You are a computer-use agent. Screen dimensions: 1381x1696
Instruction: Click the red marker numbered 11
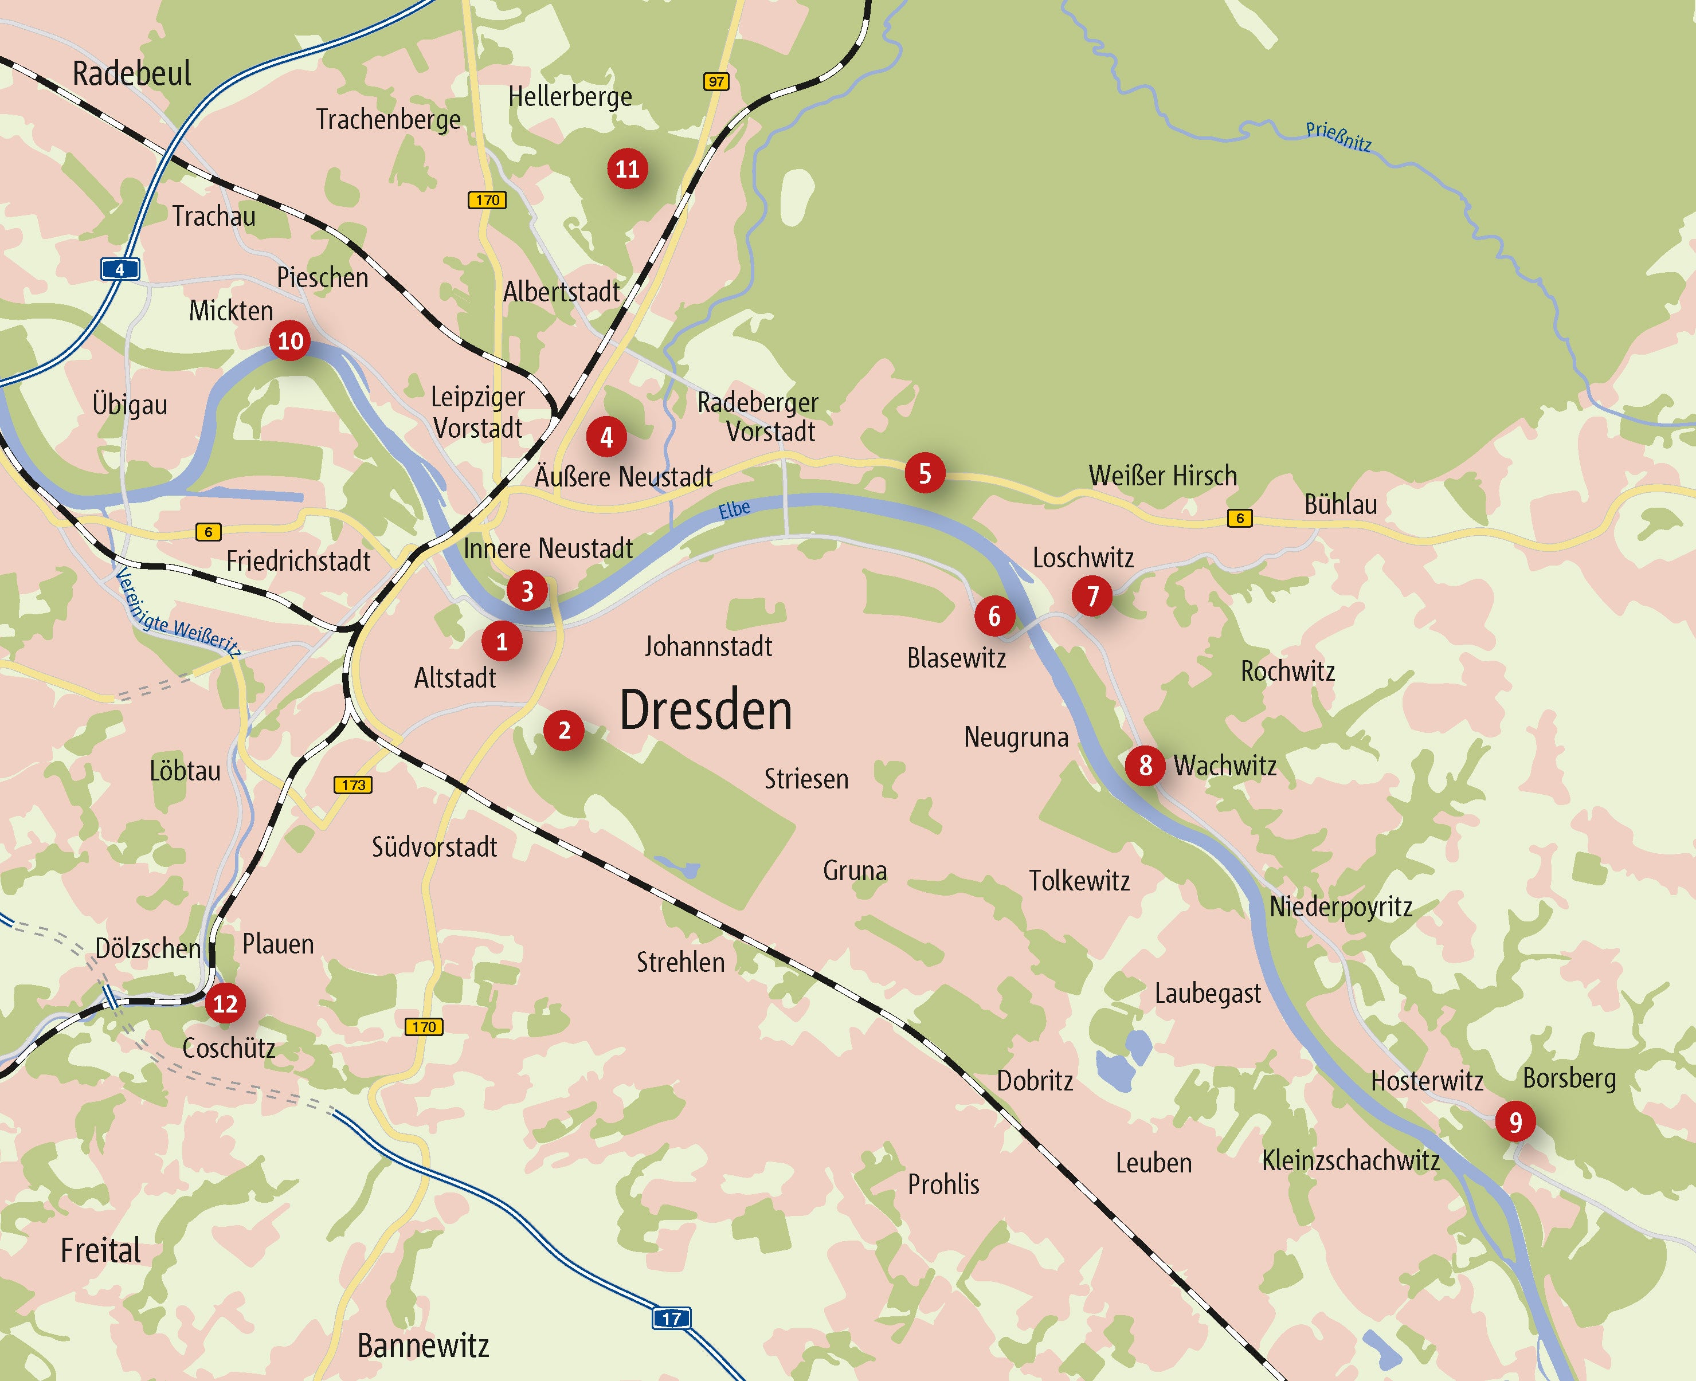pos(628,168)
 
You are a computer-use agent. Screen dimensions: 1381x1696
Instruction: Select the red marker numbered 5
pos(925,473)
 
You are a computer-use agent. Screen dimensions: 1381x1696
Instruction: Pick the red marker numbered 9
pos(1515,1121)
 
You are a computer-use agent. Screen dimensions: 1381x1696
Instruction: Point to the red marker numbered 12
pos(225,1003)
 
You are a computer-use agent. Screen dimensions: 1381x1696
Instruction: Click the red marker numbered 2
pos(564,730)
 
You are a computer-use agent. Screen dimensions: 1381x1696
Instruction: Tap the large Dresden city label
pos(706,709)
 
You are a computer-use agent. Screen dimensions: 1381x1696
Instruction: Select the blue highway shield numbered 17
pos(671,1318)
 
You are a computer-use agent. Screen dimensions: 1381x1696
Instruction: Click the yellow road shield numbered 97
pos(716,81)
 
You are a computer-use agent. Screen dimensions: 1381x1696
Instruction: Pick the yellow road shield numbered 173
pos(353,785)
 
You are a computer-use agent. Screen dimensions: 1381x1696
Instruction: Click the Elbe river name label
pos(734,509)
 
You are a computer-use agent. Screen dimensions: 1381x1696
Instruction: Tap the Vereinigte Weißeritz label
pos(177,613)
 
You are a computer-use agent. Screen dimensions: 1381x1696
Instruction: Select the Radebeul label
pos(132,73)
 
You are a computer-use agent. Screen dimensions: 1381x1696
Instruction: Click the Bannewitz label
pos(423,1345)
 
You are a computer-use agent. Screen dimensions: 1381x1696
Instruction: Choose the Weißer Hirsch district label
pos(1162,476)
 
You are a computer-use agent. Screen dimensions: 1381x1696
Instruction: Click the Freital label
pos(101,1250)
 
